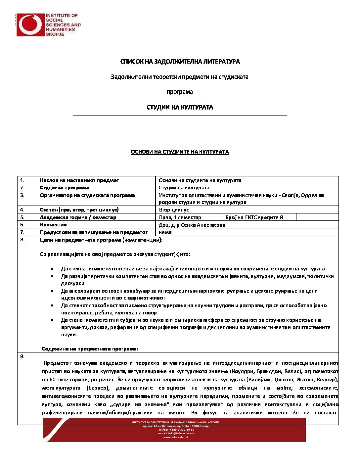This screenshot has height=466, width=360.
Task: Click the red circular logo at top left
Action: [x=30, y=25]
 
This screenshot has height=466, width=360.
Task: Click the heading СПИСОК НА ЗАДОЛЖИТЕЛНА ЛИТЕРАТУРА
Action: [x=180, y=62]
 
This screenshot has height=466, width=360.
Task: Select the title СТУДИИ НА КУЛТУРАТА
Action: [x=180, y=107]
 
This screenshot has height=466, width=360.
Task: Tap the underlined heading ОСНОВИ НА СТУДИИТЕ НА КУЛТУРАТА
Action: [x=180, y=152]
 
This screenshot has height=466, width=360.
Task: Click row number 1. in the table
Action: [x=22, y=180]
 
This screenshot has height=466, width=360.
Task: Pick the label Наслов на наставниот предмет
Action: [x=79, y=180]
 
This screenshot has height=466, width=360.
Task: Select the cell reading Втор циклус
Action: [x=174, y=210]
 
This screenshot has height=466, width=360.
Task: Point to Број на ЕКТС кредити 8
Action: [x=254, y=217]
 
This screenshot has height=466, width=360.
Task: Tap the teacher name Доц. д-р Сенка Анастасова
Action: [x=192, y=225]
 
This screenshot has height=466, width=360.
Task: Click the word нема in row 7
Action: [x=165, y=232]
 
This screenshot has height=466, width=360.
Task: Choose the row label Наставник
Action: [x=53, y=225]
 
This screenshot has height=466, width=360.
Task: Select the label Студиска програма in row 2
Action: [x=64, y=188]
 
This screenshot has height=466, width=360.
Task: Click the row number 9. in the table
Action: [x=22, y=356]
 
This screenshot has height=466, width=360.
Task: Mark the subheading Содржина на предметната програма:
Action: [x=90, y=349]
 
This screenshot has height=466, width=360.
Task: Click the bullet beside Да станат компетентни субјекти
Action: [x=52, y=320]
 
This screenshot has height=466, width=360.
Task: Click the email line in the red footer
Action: [x=176, y=433]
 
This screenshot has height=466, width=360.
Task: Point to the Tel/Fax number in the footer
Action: [x=176, y=430]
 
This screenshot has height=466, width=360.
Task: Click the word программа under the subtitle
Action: [x=180, y=92]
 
